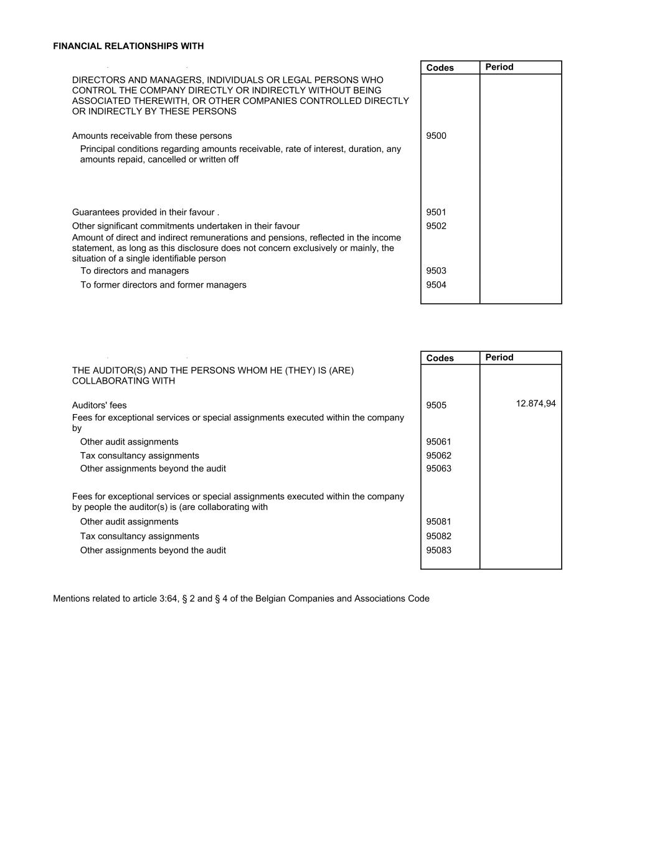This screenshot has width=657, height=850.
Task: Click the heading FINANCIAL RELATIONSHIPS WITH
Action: [128, 46]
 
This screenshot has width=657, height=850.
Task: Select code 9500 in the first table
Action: [436, 136]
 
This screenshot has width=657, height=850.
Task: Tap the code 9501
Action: [436, 212]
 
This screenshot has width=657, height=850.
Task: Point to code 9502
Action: [436, 226]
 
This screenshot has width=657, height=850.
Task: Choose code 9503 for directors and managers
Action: [436, 271]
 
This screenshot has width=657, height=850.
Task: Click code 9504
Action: [436, 285]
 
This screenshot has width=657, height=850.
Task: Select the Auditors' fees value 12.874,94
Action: [536, 404]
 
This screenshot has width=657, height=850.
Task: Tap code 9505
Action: [436, 405]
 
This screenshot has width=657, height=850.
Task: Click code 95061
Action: [438, 442]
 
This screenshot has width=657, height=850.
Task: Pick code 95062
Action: [438, 456]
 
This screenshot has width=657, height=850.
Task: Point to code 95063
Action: [438, 469]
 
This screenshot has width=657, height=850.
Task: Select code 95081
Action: [438, 522]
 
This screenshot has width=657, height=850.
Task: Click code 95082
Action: [438, 536]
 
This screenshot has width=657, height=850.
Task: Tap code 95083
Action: [438, 550]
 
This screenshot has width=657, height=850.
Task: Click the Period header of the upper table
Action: [499, 67]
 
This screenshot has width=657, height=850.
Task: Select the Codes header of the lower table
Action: [440, 358]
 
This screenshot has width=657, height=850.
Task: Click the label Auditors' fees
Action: [99, 405]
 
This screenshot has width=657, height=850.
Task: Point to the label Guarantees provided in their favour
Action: [145, 212]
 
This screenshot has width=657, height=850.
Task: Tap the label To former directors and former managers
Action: [163, 285]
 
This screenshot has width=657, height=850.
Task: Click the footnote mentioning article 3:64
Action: [241, 598]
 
